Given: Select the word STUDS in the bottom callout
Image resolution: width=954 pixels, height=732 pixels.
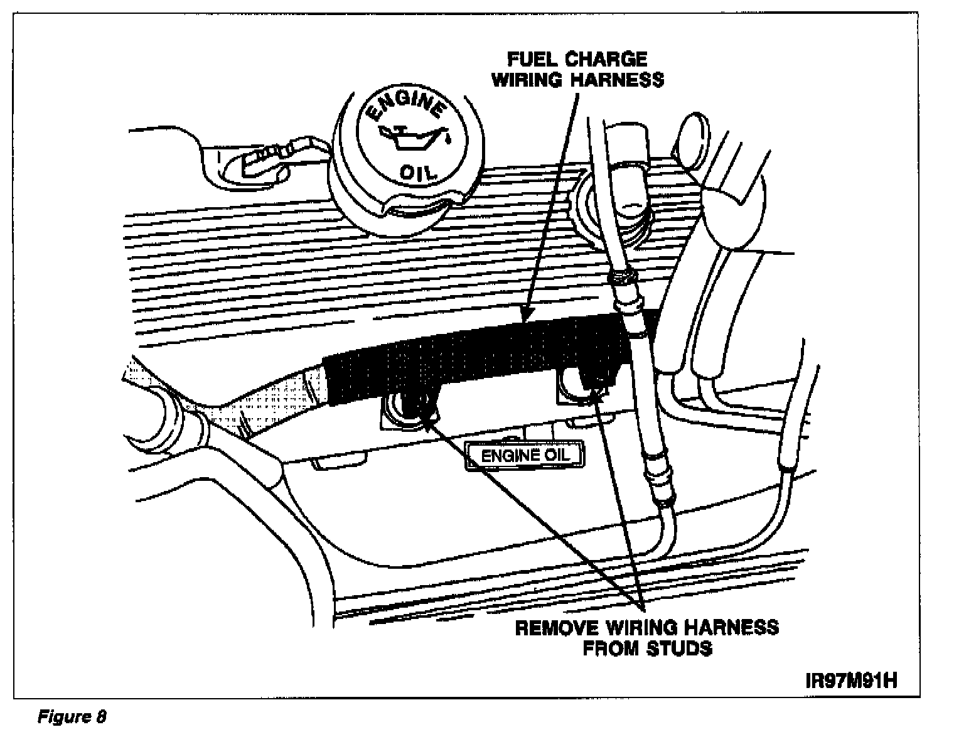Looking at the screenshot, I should click(x=680, y=648).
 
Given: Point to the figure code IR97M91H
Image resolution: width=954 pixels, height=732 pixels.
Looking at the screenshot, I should click(x=852, y=681).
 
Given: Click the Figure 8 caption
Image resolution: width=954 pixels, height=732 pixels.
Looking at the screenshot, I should click(x=73, y=716).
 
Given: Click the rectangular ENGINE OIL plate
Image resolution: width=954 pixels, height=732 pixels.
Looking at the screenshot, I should click(x=524, y=455).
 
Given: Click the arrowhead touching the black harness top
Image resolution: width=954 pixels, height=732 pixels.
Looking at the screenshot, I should click(x=525, y=316).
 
